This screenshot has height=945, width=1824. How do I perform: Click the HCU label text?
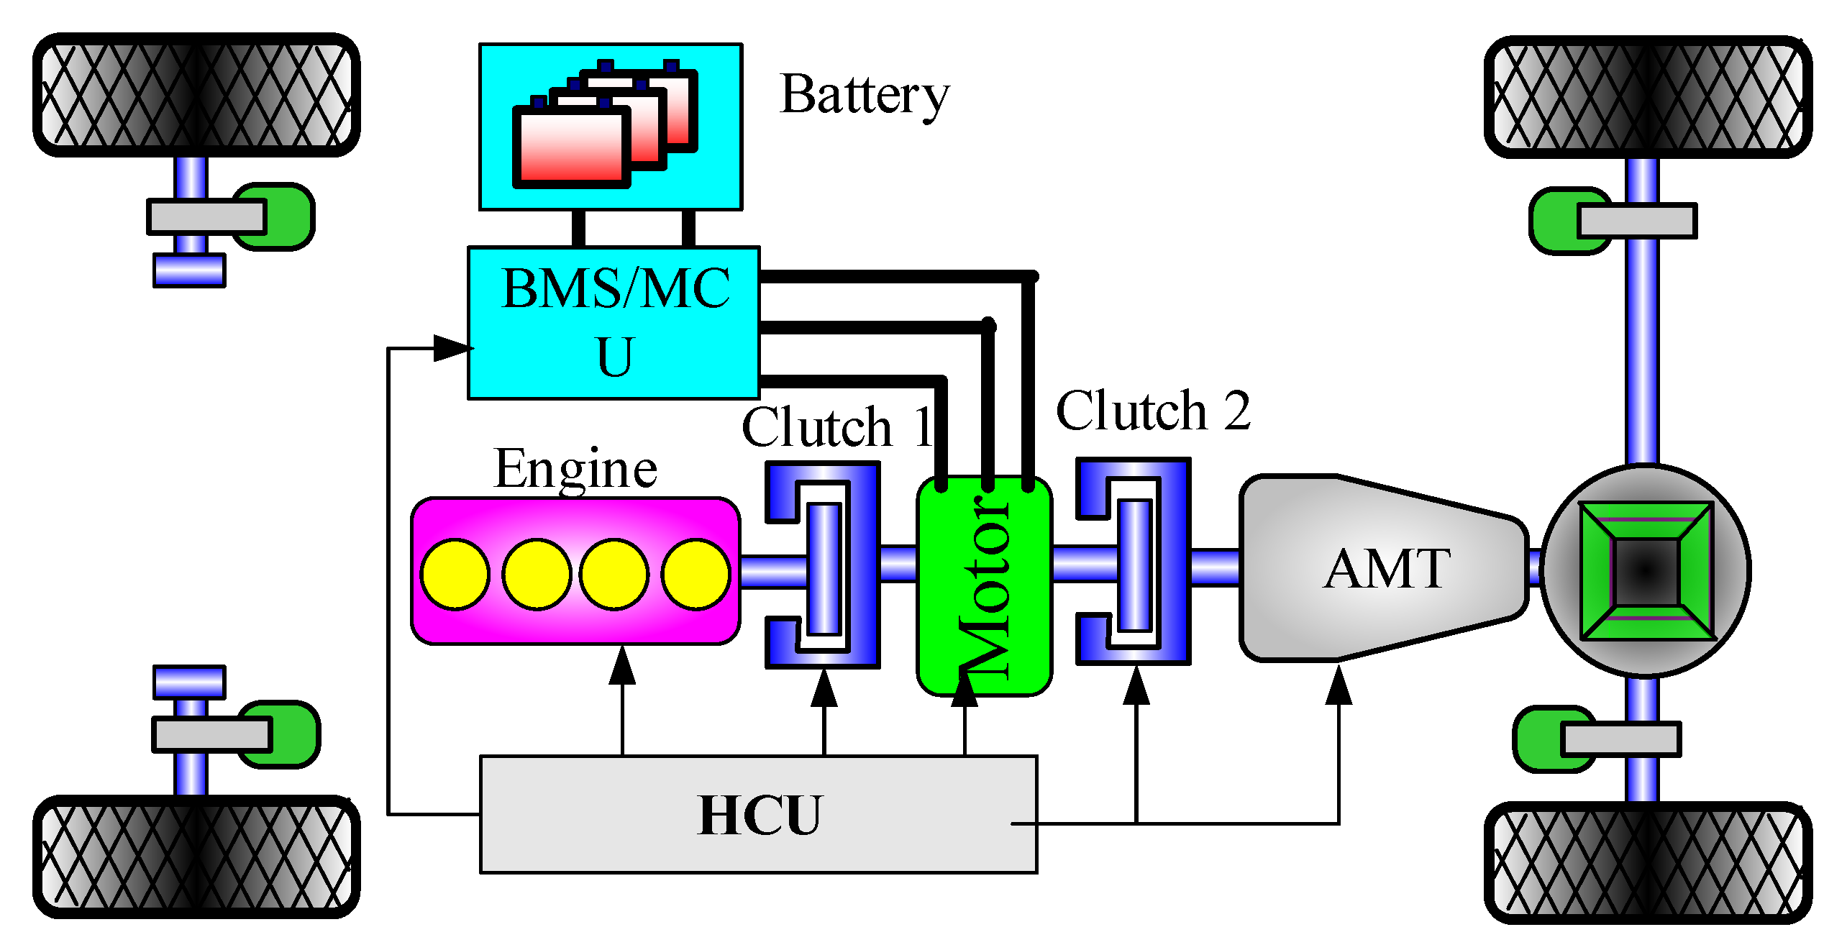[759, 816]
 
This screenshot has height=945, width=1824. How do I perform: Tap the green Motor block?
[984, 586]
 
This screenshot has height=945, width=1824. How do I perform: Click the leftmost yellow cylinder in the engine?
[455, 574]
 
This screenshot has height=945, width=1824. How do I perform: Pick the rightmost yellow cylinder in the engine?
[696, 574]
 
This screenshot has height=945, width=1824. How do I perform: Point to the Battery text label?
[864, 96]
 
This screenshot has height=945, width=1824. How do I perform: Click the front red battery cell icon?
[570, 147]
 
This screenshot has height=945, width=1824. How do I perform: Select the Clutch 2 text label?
[1153, 411]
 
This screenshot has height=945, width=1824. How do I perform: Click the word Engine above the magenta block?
[575, 469]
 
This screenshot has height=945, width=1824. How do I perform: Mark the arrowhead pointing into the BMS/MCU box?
[452, 348]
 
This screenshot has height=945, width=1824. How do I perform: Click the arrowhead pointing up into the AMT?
[1339, 686]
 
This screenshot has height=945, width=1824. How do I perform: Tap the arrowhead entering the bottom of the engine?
[622, 665]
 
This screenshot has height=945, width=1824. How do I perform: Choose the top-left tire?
[196, 95]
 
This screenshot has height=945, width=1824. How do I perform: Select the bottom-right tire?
[1647, 862]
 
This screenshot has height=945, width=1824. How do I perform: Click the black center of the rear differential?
[1646, 571]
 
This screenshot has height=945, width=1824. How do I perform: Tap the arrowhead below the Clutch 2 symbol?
[1136, 686]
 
